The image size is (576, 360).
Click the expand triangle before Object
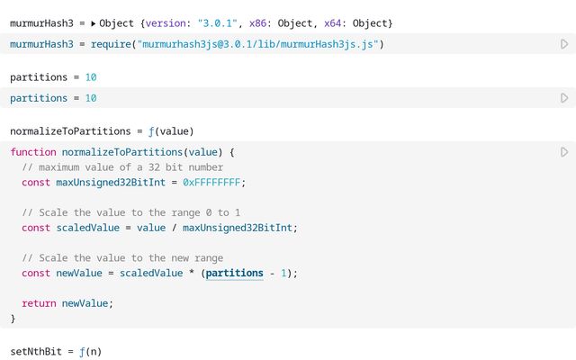[x=94, y=23]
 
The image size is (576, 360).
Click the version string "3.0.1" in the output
[x=217, y=23]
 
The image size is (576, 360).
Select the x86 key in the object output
[x=257, y=23]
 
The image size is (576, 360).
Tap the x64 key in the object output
[x=332, y=23]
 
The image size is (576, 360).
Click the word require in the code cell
[x=111, y=44]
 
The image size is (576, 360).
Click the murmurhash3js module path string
[x=258, y=44]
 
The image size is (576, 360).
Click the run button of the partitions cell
[x=564, y=98]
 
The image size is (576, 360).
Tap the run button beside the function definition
[x=564, y=152]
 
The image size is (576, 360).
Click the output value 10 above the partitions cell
[x=91, y=77]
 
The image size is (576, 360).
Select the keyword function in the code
[x=33, y=152]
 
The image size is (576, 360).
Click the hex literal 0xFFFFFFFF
[x=211, y=182]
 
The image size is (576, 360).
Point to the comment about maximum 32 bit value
[x=122, y=167]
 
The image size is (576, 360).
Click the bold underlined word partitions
[x=234, y=274]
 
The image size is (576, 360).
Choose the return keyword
[x=39, y=303]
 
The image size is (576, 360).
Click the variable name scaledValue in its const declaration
[x=88, y=228]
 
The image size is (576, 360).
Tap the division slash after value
[x=174, y=228]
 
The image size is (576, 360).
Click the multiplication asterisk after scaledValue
[x=192, y=273]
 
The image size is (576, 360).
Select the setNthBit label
[x=36, y=352]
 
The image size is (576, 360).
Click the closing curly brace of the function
[x=13, y=319]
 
